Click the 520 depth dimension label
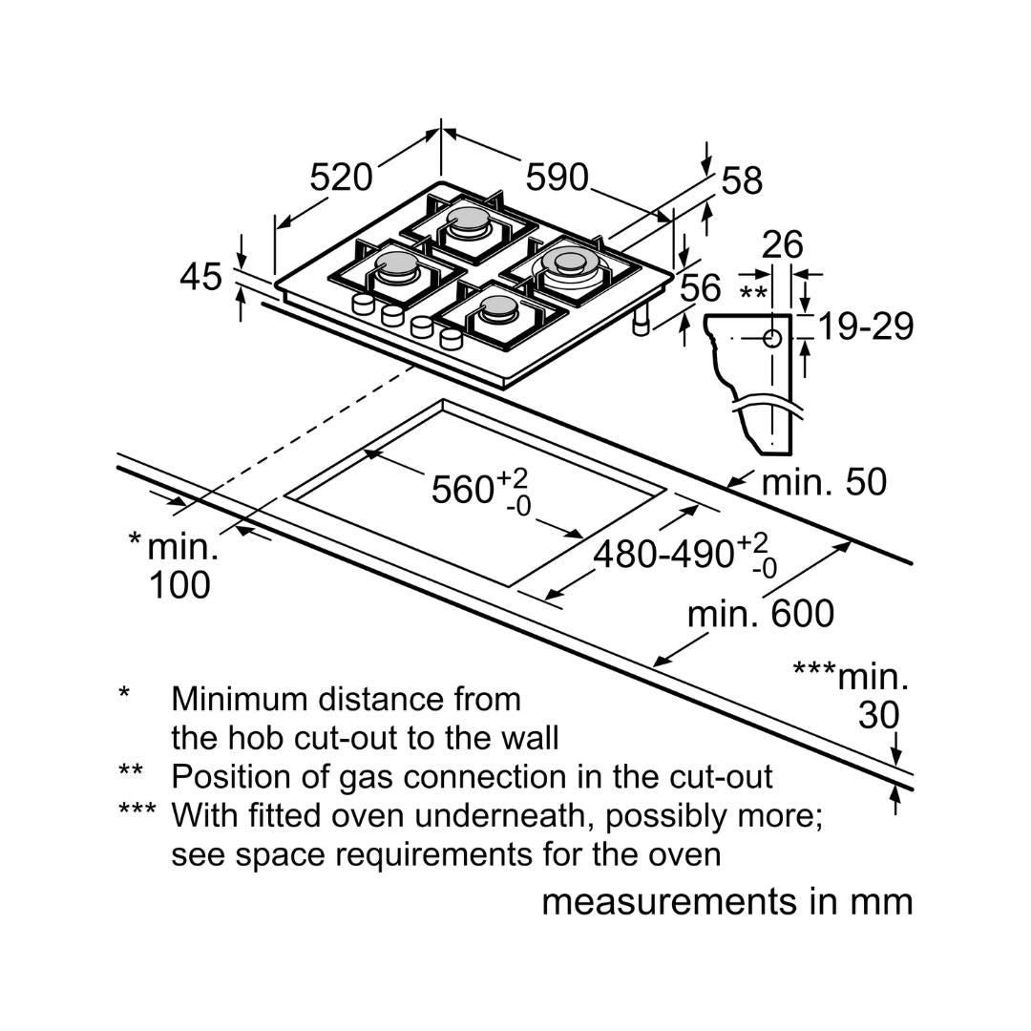point(341,177)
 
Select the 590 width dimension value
point(558,177)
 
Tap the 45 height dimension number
point(200,277)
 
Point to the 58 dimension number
point(742,180)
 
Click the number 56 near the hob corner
point(701,287)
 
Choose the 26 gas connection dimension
point(783,245)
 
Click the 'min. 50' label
point(824,482)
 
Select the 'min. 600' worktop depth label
point(761,614)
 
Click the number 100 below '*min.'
point(179,584)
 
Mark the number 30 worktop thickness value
point(878,715)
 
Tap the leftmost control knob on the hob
point(362,305)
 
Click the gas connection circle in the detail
point(772,338)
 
